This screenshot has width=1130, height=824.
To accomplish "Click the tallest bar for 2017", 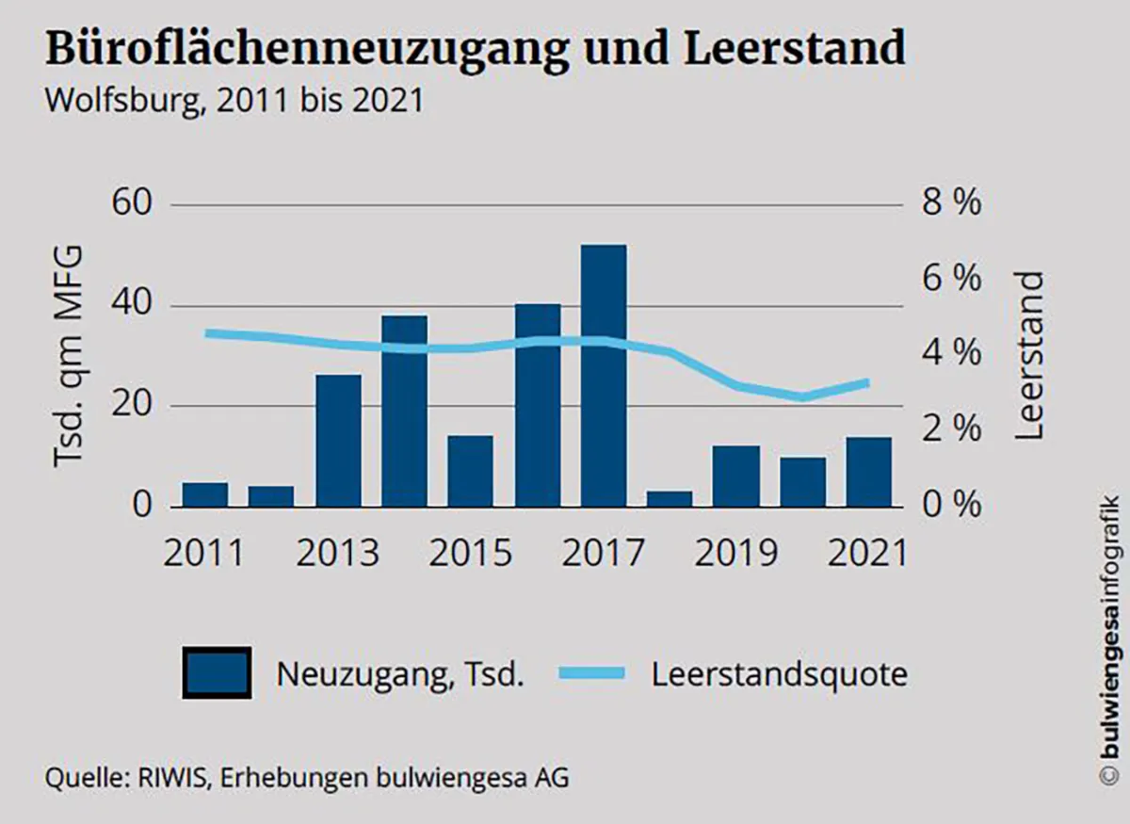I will click(x=604, y=377).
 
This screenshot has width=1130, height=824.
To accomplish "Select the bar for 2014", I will click(x=404, y=412).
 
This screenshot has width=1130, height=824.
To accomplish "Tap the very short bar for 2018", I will click(x=670, y=498).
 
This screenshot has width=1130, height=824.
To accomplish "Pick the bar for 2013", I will click(x=338, y=441).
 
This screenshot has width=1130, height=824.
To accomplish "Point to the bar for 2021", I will click(x=868, y=471).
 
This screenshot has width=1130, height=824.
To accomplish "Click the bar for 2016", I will click(x=537, y=405).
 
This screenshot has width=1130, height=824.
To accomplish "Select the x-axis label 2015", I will click(x=471, y=552).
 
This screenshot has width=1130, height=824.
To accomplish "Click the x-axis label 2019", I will click(x=736, y=552).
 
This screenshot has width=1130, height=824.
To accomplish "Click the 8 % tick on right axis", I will click(x=951, y=203).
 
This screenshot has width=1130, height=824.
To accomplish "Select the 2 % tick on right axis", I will click(x=951, y=429).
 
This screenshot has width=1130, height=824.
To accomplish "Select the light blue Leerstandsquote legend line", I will click(x=590, y=672).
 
